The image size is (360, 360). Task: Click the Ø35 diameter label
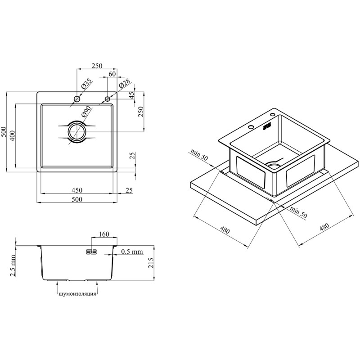coord(86,84)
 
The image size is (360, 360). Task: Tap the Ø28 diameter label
coord(125,84)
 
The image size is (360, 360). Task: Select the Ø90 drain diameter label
coord(86,112)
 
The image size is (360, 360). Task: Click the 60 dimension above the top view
coord(112,74)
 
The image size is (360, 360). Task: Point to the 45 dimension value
coord(131,95)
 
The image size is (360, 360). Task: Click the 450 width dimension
coord(77,190)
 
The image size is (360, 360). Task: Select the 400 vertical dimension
coord(12,136)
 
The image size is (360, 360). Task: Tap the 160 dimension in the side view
coord(104,234)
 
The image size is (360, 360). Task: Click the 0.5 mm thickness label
coord(132,252)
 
